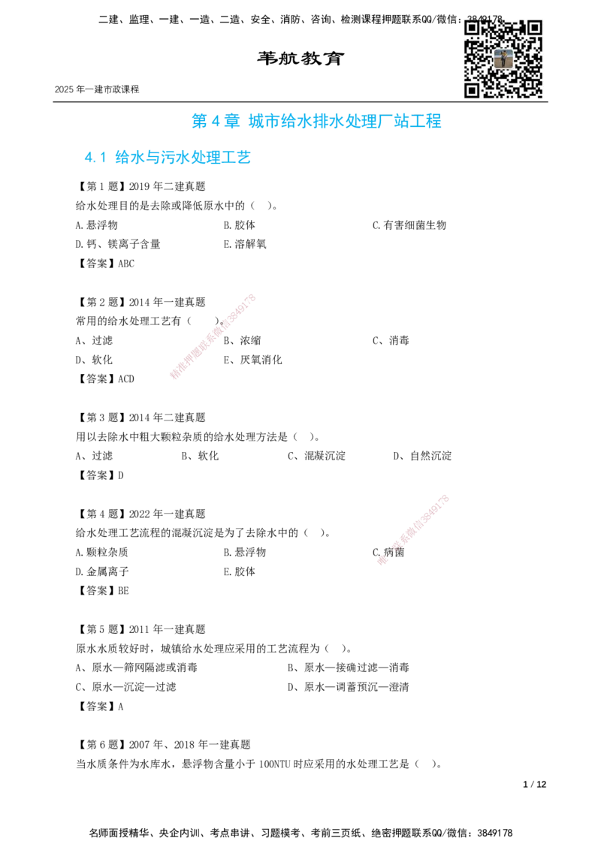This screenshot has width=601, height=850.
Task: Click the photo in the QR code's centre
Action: (x=503, y=59)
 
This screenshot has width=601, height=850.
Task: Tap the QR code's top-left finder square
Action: (x=473, y=28)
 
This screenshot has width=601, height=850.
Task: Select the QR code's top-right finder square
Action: (x=535, y=28)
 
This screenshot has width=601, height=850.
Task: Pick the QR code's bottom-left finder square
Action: (x=473, y=90)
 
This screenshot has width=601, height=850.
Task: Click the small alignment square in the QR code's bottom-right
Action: (x=528, y=83)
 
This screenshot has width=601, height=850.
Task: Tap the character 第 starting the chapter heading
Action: (x=197, y=122)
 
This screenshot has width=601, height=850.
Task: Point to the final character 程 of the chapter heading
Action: (x=436, y=122)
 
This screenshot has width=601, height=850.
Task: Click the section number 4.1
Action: (x=95, y=158)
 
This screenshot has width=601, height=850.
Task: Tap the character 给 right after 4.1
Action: (x=121, y=158)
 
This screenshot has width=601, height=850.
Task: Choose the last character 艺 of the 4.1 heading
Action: (x=243, y=158)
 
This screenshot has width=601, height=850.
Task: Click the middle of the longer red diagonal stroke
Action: (x=213, y=336)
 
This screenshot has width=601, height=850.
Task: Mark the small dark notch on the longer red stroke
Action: (x=220, y=324)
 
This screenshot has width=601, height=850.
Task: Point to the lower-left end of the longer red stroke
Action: (x=174, y=376)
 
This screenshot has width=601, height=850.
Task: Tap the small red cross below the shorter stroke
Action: (x=382, y=560)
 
